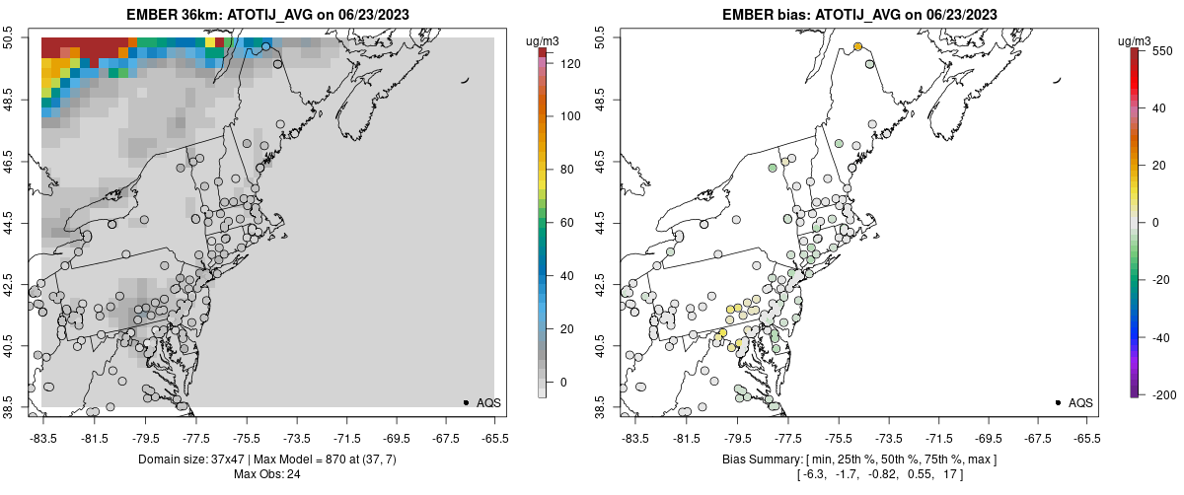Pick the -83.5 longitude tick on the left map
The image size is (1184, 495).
point(42,437)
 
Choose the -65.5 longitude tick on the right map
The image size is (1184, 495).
point(1085,437)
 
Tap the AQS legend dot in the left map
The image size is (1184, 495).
point(466,402)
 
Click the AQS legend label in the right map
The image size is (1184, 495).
point(1080,402)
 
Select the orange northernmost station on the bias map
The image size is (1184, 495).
point(858,47)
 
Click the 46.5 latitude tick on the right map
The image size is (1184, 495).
point(601,161)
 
